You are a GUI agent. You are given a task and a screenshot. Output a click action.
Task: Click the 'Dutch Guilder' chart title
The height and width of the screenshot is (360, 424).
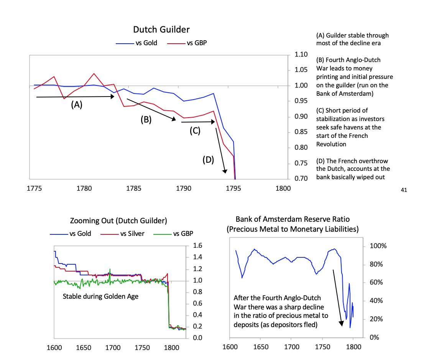click(161, 29)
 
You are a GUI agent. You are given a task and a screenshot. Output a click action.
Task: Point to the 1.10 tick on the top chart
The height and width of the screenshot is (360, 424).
click(302, 54)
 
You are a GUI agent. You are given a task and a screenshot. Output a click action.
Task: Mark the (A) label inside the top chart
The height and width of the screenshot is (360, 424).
click(77, 105)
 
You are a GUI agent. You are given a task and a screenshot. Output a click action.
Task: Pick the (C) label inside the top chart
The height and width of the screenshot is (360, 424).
click(195, 131)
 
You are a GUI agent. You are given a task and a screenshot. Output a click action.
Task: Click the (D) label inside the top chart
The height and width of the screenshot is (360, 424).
click(208, 160)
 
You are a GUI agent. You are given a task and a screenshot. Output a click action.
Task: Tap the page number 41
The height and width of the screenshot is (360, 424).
click(403, 189)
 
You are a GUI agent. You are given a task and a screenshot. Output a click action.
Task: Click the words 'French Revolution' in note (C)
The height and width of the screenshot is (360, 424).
click(331, 144)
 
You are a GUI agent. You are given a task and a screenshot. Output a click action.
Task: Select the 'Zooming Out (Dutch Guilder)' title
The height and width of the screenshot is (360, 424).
click(119, 221)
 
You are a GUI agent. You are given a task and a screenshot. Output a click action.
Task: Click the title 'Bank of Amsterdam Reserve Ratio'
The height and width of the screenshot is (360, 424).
click(293, 219)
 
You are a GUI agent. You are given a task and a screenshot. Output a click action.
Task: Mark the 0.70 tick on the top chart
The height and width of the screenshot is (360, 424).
click(302, 178)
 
